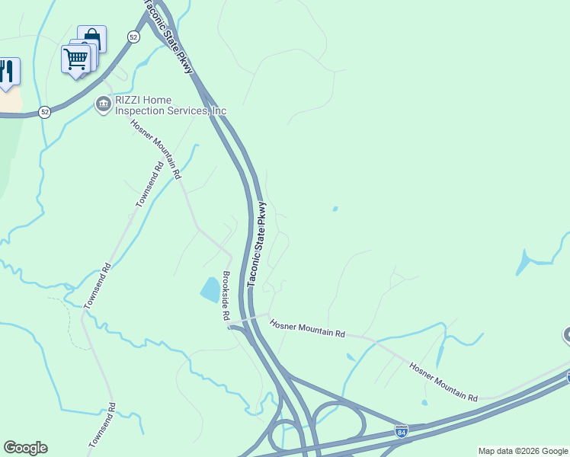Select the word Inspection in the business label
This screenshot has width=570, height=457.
click(x=143, y=110)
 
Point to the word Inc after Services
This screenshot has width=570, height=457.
click(x=219, y=110)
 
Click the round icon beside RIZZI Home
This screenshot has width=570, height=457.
click(x=103, y=104)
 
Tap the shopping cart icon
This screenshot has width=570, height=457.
click(x=76, y=58)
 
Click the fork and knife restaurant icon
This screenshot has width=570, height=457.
click(x=7, y=71)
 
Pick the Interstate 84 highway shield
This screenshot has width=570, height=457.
click(x=402, y=432)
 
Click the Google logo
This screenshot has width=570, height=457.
click(x=25, y=448)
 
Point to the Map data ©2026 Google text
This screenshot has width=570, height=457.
click(x=523, y=451)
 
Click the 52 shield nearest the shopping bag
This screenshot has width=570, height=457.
click(x=133, y=37)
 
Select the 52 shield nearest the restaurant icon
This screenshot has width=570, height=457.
click(x=45, y=111)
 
